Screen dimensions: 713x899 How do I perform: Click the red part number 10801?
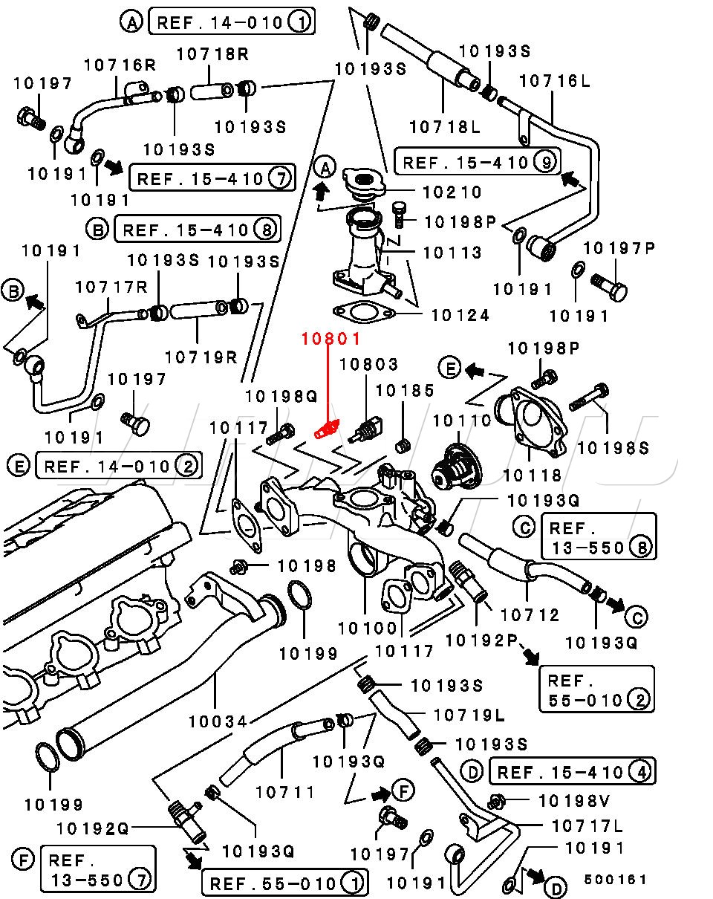click(x=331, y=339)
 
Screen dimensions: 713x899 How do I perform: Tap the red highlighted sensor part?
click(x=327, y=430)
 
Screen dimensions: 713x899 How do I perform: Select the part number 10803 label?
click(x=368, y=364)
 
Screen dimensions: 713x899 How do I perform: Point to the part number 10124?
click(x=460, y=316)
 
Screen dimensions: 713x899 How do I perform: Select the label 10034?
click(x=218, y=721)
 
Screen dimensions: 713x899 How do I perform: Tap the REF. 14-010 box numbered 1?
click(x=232, y=22)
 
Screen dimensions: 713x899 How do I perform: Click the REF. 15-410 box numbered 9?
click(x=478, y=162)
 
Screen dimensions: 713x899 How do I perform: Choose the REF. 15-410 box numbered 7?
click(x=212, y=178)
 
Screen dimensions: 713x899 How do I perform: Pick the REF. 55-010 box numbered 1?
click(x=285, y=883)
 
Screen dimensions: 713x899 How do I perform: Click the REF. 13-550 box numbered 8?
click(x=598, y=537)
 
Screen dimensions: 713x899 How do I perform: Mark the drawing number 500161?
click(x=615, y=880)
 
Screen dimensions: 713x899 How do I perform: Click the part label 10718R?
click(x=212, y=54)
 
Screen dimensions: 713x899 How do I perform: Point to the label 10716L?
click(x=555, y=81)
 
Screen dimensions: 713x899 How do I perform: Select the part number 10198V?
click(x=574, y=801)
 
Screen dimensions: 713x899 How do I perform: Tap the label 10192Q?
click(x=92, y=829)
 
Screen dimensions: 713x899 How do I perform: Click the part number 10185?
click(x=405, y=391)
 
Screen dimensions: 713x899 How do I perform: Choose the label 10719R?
click(x=201, y=357)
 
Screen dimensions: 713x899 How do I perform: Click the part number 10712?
click(x=530, y=615)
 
